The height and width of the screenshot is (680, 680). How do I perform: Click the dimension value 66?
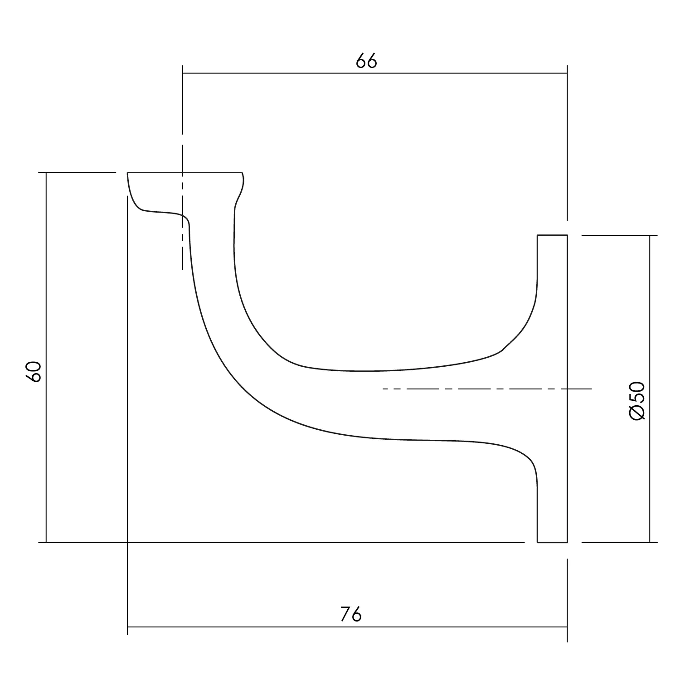click(x=366, y=61)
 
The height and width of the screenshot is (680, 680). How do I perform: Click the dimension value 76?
click(x=351, y=615)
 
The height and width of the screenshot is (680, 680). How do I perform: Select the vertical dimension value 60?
click(x=34, y=371)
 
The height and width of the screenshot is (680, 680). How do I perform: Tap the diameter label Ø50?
click(x=637, y=401)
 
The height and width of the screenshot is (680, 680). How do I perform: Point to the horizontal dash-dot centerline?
click(x=487, y=389)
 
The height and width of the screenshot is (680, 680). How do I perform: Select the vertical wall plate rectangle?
click(x=552, y=389)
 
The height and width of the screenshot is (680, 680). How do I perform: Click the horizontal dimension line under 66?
click(x=374, y=73)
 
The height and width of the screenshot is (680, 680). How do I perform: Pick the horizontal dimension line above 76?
click(x=347, y=627)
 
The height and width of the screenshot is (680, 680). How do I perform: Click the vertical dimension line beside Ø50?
click(x=650, y=389)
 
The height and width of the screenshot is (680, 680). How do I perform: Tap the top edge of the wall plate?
click(x=552, y=235)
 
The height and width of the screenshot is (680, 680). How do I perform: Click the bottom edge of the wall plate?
click(x=552, y=542)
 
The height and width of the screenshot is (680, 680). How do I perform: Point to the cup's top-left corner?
click(x=128, y=173)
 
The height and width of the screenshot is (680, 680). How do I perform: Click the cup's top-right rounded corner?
click(x=243, y=175)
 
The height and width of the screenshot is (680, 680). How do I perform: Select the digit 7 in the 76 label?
click(x=345, y=615)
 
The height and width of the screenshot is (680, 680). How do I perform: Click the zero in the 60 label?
click(x=34, y=366)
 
